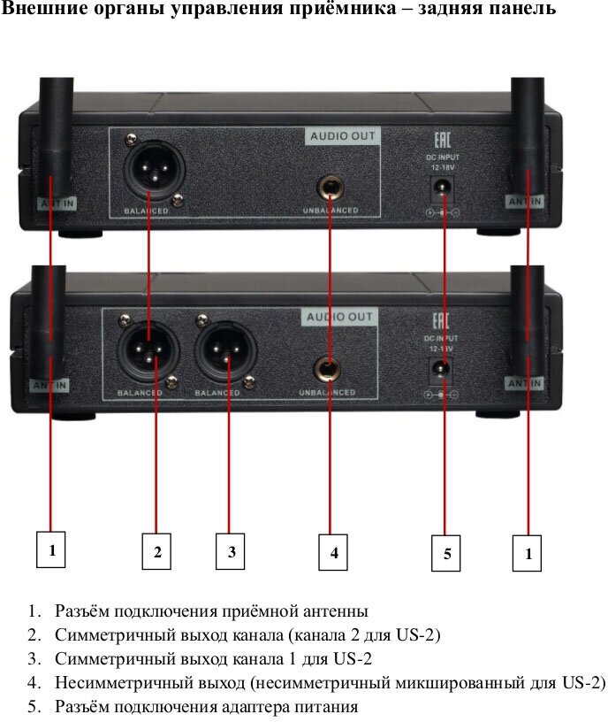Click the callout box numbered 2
pos(156,552)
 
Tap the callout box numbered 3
pos(231,552)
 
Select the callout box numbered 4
pos(333,553)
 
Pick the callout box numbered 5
pos(446,554)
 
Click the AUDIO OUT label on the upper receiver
pos(343,136)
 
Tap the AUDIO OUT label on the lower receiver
pos(339,317)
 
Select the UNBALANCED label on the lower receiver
pos(326,392)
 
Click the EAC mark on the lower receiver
pos(440,322)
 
